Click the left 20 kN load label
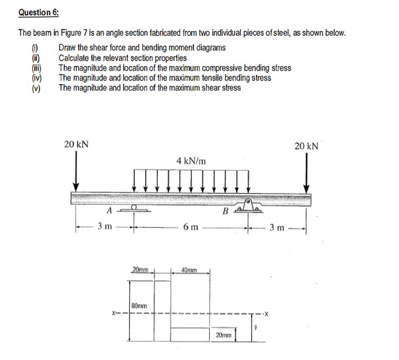(x=76, y=144)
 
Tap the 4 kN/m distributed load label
(x=191, y=161)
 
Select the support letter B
(x=226, y=211)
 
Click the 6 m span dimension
(x=191, y=228)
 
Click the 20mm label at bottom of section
(x=224, y=336)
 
